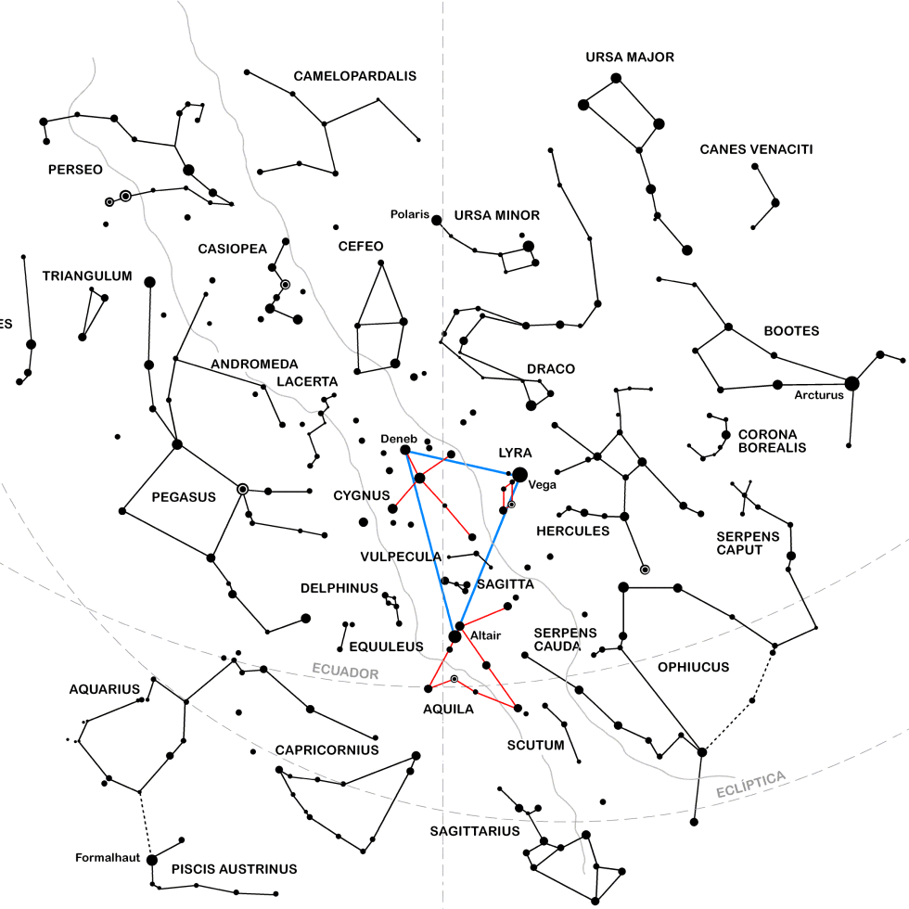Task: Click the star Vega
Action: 520,475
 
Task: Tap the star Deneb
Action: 405,450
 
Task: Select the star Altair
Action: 454,636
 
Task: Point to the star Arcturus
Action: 851,383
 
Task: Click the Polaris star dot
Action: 437,220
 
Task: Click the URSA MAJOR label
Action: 630,58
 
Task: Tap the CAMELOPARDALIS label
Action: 355,76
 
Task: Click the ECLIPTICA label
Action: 751,785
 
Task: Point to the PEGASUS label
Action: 184,497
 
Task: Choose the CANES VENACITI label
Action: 756,149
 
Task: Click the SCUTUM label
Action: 536,745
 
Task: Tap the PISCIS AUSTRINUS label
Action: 235,869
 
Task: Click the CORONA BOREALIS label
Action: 772,441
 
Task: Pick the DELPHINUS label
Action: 339,588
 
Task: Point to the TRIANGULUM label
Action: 87,276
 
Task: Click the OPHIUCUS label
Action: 693,667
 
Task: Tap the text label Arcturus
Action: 819,395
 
